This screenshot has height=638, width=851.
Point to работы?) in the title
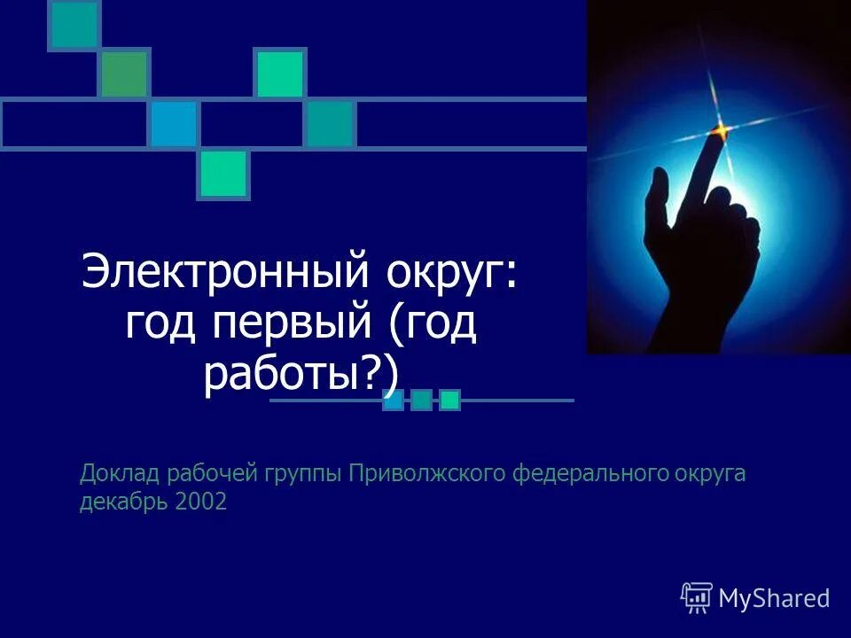(x=301, y=376)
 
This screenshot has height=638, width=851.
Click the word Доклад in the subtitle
(x=111, y=475)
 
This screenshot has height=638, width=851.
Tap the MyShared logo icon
(x=696, y=598)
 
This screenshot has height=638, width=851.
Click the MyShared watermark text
(x=774, y=598)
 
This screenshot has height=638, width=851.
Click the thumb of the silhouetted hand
(x=657, y=199)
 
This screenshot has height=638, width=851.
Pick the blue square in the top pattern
(x=173, y=124)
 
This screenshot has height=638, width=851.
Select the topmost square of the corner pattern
(x=74, y=24)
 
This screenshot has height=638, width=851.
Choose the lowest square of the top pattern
(x=223, y=174)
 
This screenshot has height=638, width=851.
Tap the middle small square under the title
(x=421, y=401)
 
